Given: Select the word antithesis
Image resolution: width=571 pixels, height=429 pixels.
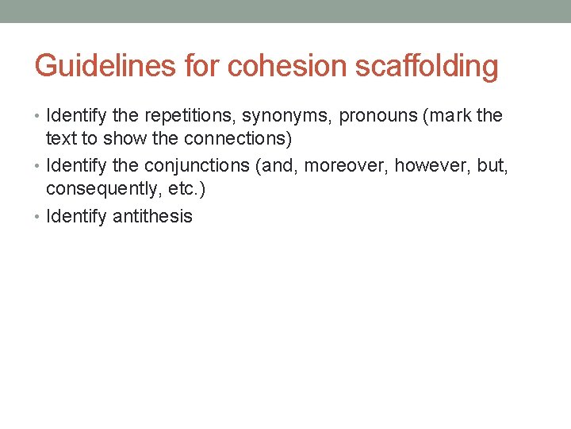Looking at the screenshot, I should pyautogui.click(x=152, y=216).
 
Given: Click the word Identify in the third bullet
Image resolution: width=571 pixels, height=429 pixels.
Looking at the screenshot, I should pyautogui.click(x=77, y=216).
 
